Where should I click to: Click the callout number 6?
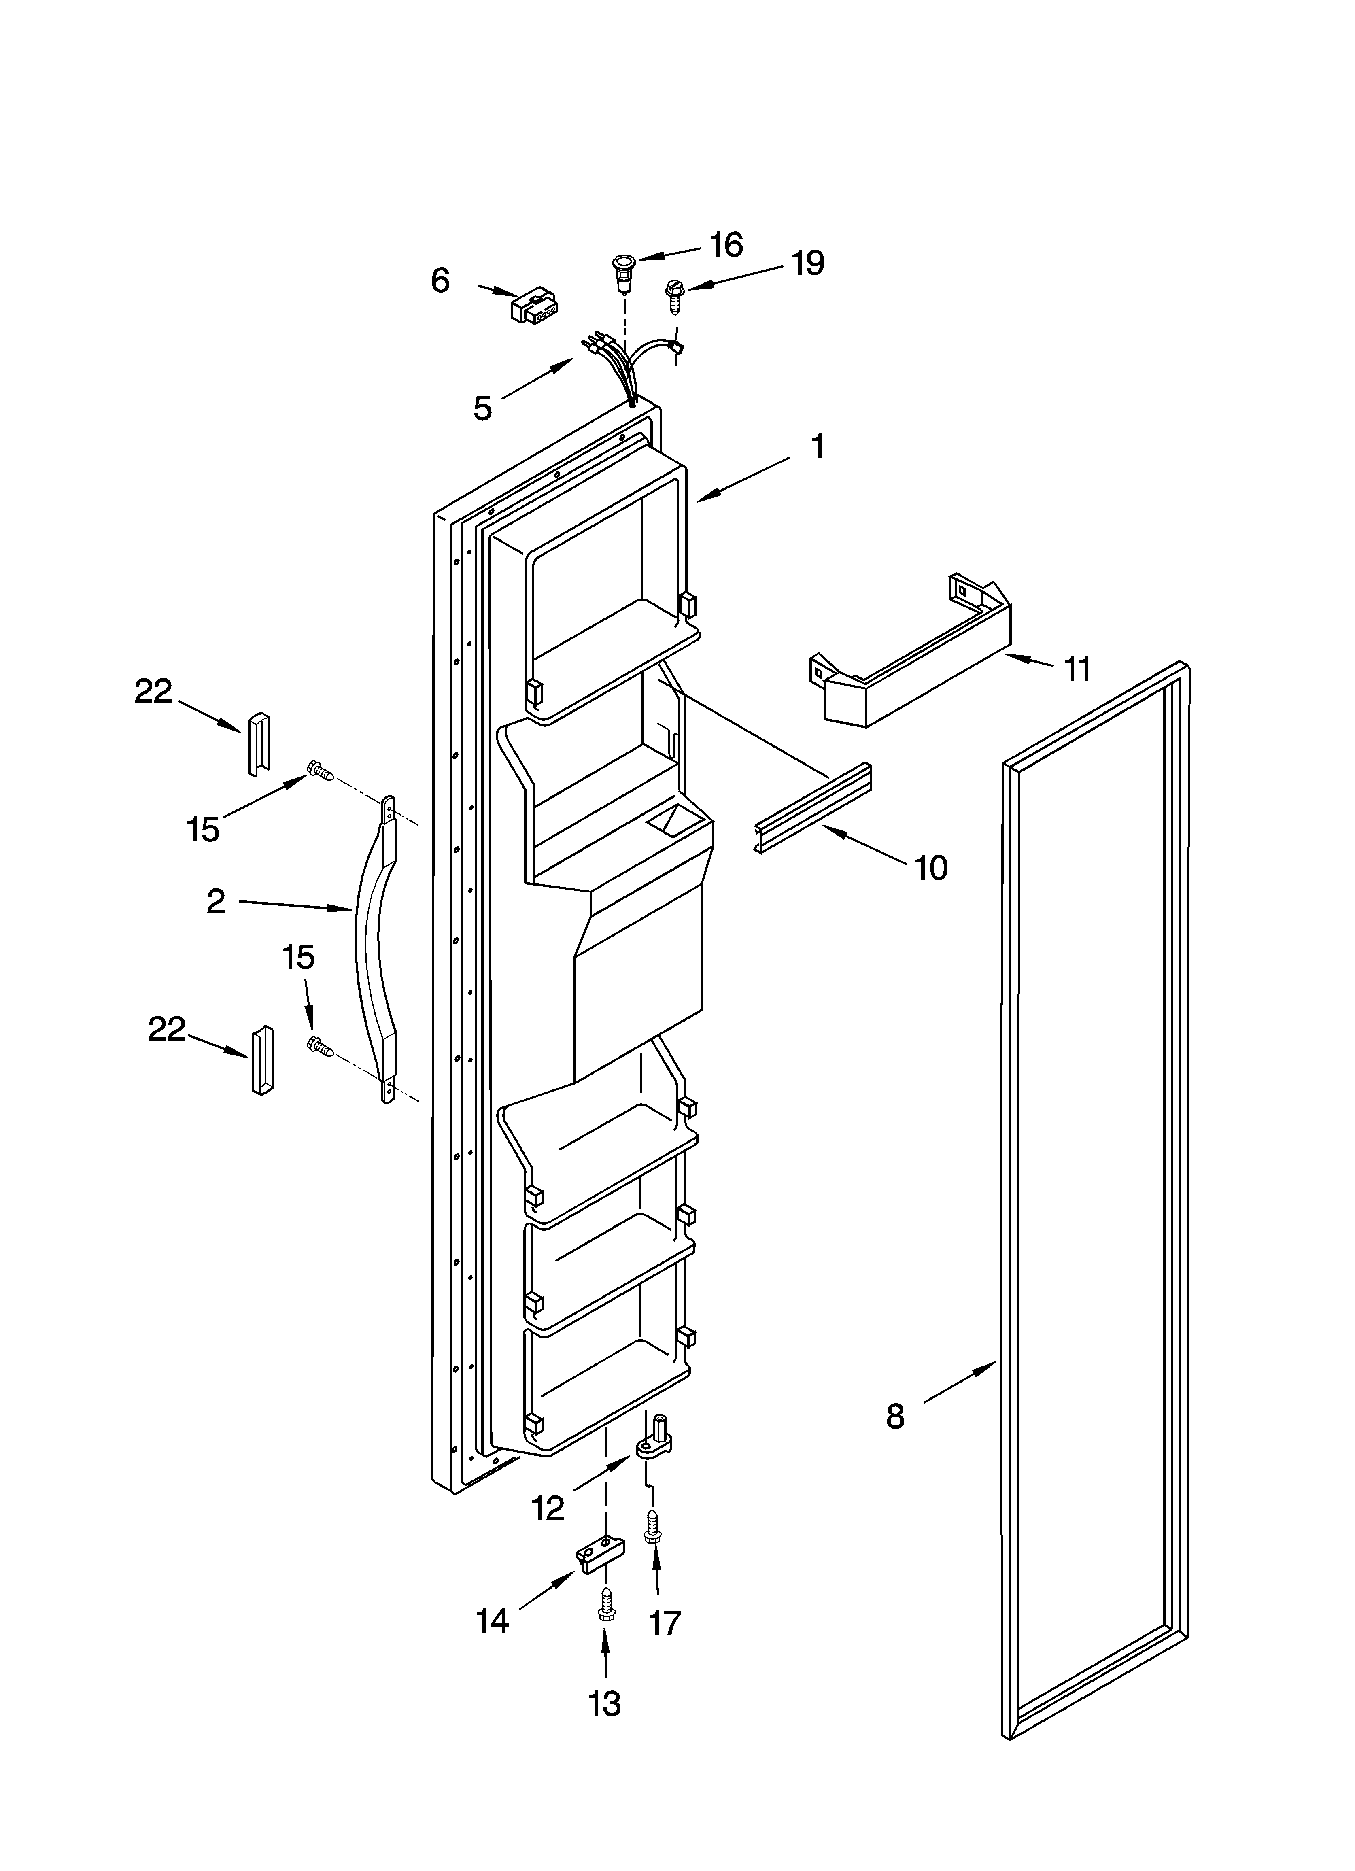click(x=441, y=281)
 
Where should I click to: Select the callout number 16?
click(x=726, y=245)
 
